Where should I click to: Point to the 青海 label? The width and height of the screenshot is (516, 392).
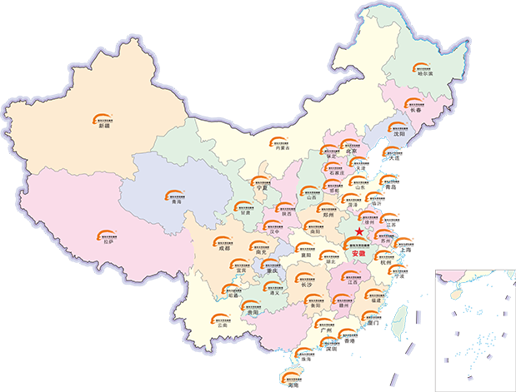click(x=174, y=201)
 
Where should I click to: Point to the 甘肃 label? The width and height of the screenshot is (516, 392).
click(x=244, y=213)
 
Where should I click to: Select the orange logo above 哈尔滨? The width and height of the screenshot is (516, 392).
click(x=425, y=67)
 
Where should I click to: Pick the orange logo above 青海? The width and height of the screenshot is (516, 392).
click(x=172, y=194)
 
